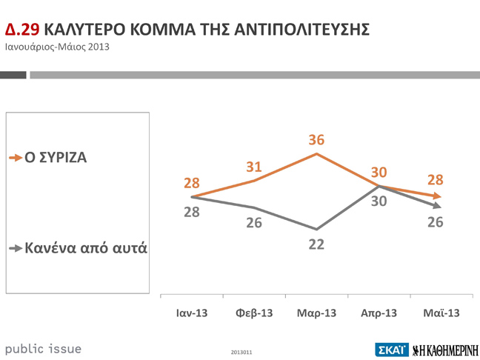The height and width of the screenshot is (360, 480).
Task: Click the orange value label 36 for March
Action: pyautogui.click(x=316, y=140)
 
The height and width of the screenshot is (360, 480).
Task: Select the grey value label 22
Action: pyautogui.click(x=316, y=244)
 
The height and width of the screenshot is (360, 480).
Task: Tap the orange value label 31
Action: pyautogui.click(x=255, y=168)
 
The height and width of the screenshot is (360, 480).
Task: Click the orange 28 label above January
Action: pyautogui.click(x=192, y=183)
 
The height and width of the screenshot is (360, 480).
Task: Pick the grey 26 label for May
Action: pyautogui.click(x=435, y=221)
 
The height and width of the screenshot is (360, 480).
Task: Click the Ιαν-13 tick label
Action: pyautogui.click(x=192, y=313)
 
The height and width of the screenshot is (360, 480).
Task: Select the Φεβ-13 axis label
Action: pyautogui.click(x=254, y=313)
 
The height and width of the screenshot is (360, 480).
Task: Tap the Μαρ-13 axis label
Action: pyautogui.click(x=316, y=313)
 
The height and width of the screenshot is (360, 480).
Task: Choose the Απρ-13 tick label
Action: pyautogui.click(x=379, y=313)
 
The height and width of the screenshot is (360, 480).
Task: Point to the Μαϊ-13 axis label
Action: pyautogui.click(x=441, y=313)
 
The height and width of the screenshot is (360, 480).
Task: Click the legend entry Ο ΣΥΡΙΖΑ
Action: pyautogui.click(x=56, y=158)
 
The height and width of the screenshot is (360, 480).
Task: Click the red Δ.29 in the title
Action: pyautogui.click(x=22, y=30)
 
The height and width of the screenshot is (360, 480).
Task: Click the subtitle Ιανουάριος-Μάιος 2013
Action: pyautogui.click(x=58, y=47)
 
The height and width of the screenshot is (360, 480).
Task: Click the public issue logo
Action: pyautogui.click(x=43, y=348)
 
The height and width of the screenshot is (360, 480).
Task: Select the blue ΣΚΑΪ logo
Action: pyautogui.click(x=391, y=349)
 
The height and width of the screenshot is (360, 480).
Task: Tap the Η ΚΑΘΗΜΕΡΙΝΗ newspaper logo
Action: pyautogui.click(x=444, y=349)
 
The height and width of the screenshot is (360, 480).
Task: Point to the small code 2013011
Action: pyautogui.click(x=242, y=352)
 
